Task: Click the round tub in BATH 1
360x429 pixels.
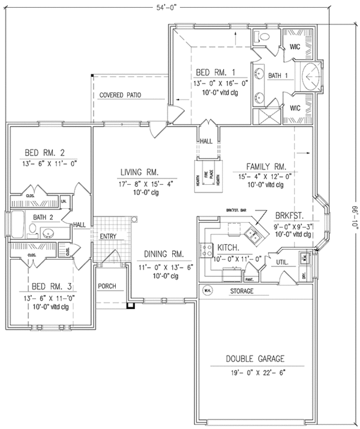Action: [310, 76]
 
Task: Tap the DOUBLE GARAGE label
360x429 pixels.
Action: [255, 359]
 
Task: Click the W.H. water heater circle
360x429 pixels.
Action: [206, 291]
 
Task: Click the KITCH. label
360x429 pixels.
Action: [228, 247]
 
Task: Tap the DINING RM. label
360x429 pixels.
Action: [160, 253]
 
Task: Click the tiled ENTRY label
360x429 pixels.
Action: [108, 236]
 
